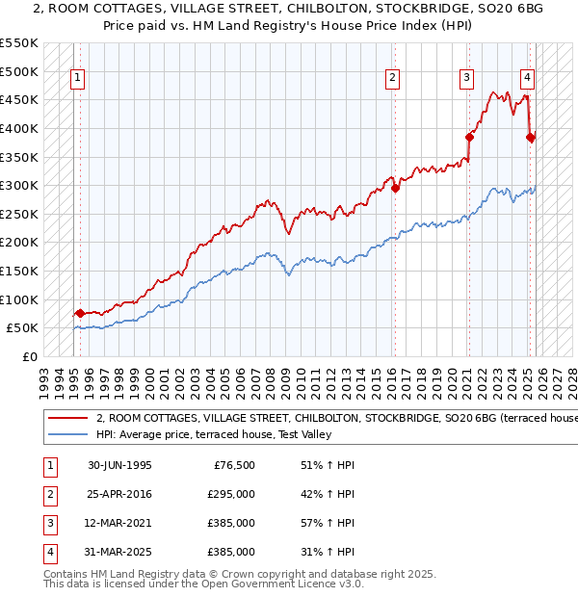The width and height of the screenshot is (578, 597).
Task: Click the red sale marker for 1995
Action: pyautogui.click(x=80, y=313)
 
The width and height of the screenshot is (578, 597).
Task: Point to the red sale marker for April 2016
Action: pyautogui.click(x=396, y=188)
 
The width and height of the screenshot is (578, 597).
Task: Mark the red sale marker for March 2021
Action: pyautogui.click(x=470, y=137)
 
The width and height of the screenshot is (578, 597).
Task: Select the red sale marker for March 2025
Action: pyautogui.click(x=531, y=137)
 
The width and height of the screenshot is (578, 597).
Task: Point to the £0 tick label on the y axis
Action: pyautogui.click(x=30, y=356)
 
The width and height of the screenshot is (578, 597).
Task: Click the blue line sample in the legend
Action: pyautogui.click(x=68, y=435)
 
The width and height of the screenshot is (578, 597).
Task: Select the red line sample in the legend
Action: pyautogui.click(x=68, y=419)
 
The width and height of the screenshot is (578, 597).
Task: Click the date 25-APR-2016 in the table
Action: pyautogui.click(x=119, y=495)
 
